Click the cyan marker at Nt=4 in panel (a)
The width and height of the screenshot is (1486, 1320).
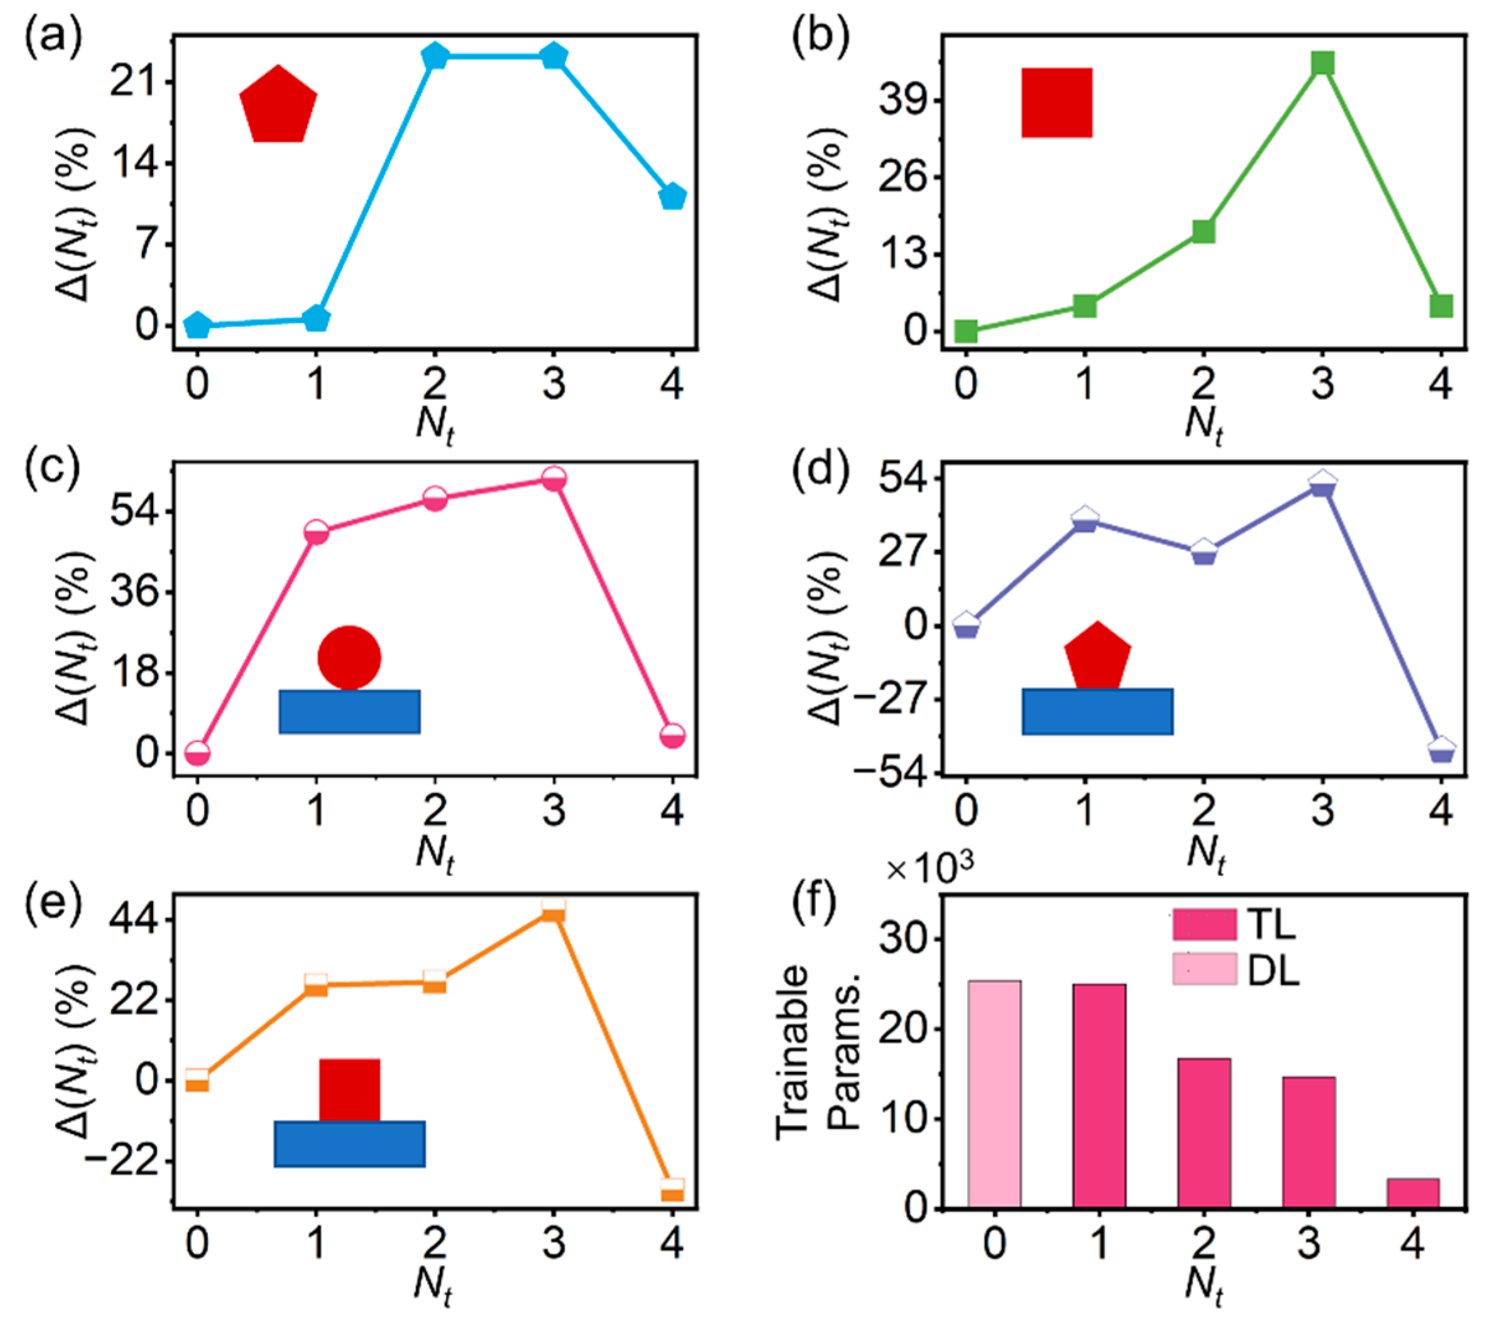point(672,197)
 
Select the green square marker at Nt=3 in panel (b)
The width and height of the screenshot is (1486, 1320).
point(1322,63)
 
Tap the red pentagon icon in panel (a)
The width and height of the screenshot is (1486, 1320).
point(278,106)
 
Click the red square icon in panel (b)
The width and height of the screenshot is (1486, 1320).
point(1056,102)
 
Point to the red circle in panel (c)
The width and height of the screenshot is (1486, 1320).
point(349,657)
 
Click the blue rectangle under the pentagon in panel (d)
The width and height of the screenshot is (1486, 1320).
point(1097,712)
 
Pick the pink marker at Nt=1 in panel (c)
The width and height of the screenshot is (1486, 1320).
point(316,533)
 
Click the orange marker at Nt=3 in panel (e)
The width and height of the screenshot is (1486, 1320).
point(553,911)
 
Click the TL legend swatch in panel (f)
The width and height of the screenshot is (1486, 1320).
point(1204,924)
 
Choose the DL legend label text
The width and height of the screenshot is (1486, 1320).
point(1273,970)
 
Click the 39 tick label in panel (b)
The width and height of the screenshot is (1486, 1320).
point(900,100)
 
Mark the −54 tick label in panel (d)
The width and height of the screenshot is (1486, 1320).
point(886,775)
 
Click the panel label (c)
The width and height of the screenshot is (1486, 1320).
point(51,469)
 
